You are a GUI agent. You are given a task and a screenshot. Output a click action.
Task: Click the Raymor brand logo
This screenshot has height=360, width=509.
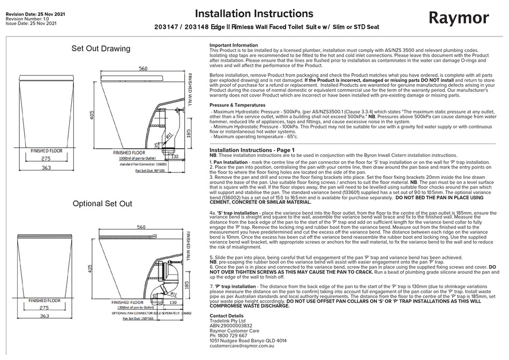tap(459, 18)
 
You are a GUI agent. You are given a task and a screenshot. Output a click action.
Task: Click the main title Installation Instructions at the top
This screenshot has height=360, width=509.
tap(254, 13)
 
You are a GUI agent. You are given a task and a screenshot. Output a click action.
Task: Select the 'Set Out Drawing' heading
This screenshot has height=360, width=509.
tap(101, 49)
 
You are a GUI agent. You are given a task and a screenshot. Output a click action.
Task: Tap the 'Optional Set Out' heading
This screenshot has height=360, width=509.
tap(102, 204)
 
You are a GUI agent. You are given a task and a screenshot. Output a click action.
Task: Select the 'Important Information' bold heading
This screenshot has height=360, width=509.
tap(233, 46)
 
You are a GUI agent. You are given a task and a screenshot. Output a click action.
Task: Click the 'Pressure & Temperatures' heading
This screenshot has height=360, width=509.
tap(237, 105)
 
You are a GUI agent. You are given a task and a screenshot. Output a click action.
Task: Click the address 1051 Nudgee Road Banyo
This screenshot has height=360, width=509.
tap(248, 341)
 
